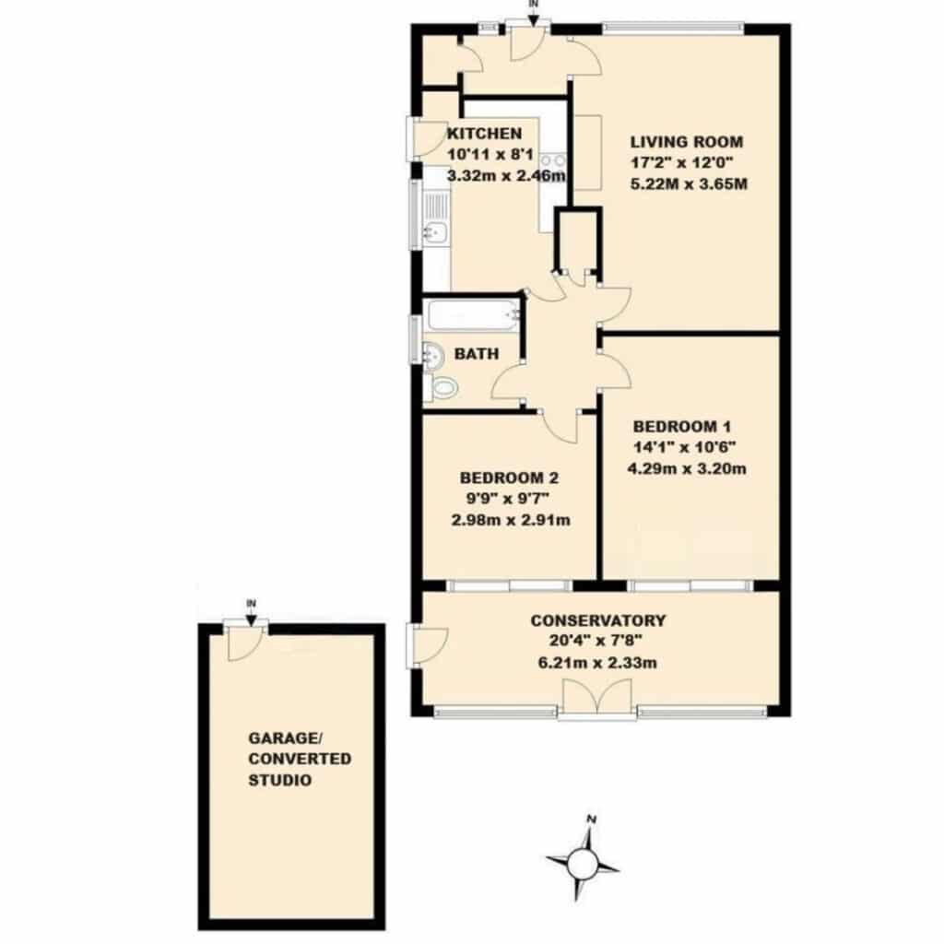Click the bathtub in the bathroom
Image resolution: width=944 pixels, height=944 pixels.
coord(472,315)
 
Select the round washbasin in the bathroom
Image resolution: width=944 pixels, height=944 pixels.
coord(433,355)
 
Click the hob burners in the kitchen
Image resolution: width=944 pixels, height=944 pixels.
coord(553,160)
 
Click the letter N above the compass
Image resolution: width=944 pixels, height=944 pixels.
coord(592,819)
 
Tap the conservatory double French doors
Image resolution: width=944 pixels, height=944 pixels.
coord(596,697)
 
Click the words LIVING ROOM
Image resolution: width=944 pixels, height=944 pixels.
coord(686,142)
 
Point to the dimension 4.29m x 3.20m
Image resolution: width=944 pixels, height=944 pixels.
coord(687,468)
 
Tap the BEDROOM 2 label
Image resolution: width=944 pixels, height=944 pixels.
coord(509,478)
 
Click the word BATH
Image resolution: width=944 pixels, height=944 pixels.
coord(477,354)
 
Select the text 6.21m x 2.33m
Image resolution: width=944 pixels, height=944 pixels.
coord(597,663)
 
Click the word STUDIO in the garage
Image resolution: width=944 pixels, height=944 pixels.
coord(280,780)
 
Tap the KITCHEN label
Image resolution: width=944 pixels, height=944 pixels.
coord(485,133)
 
